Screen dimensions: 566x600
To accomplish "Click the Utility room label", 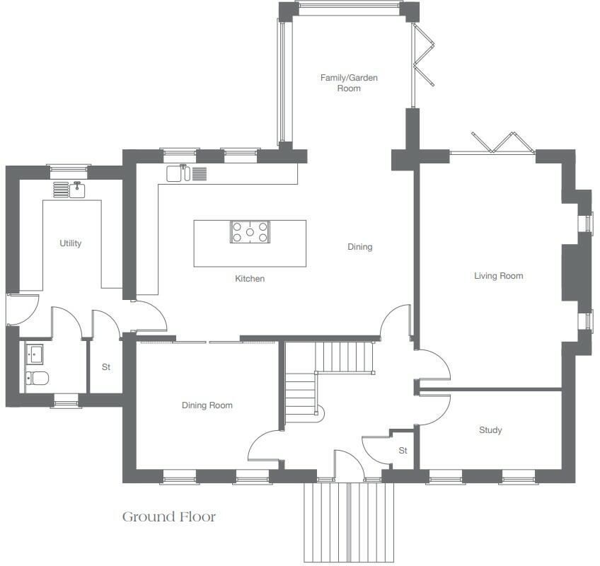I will (71, 243).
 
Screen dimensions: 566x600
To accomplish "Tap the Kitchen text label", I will (250, 279).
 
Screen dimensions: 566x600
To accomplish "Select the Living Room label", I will (499, 276).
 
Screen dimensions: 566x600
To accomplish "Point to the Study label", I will (490, 430).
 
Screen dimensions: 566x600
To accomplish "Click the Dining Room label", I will (207, 405).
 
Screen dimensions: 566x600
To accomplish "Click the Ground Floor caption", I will (169, 516).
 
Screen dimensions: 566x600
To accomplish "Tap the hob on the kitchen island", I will (250, 232).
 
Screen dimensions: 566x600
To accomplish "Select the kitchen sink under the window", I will (177, 173).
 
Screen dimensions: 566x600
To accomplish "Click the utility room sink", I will (77, 190).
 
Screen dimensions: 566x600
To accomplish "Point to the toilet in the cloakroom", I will (37, 379).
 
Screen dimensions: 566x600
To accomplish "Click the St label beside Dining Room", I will (107, 367).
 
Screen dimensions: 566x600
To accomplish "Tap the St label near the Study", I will (403, 451).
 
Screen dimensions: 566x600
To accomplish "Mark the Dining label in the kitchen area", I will (359, 247).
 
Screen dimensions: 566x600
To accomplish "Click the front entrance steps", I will (344, 522).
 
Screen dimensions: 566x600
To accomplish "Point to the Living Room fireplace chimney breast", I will (570, 272).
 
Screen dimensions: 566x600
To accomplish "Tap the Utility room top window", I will (69, 168).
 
